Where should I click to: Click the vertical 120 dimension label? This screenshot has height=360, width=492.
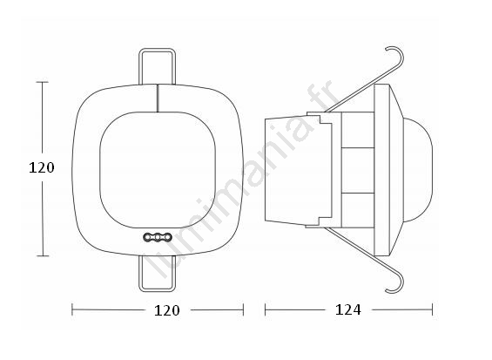click(x=42, y=167)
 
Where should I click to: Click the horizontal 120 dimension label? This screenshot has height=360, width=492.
click(x=167, y=310)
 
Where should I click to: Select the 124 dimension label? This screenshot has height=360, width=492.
click(x=348, y=310)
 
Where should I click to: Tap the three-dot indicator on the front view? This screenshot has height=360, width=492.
click(x=158, y=237)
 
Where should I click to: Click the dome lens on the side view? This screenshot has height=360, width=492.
click(x=418, y=170)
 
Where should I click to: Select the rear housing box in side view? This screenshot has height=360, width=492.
click(x=298, y=170)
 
